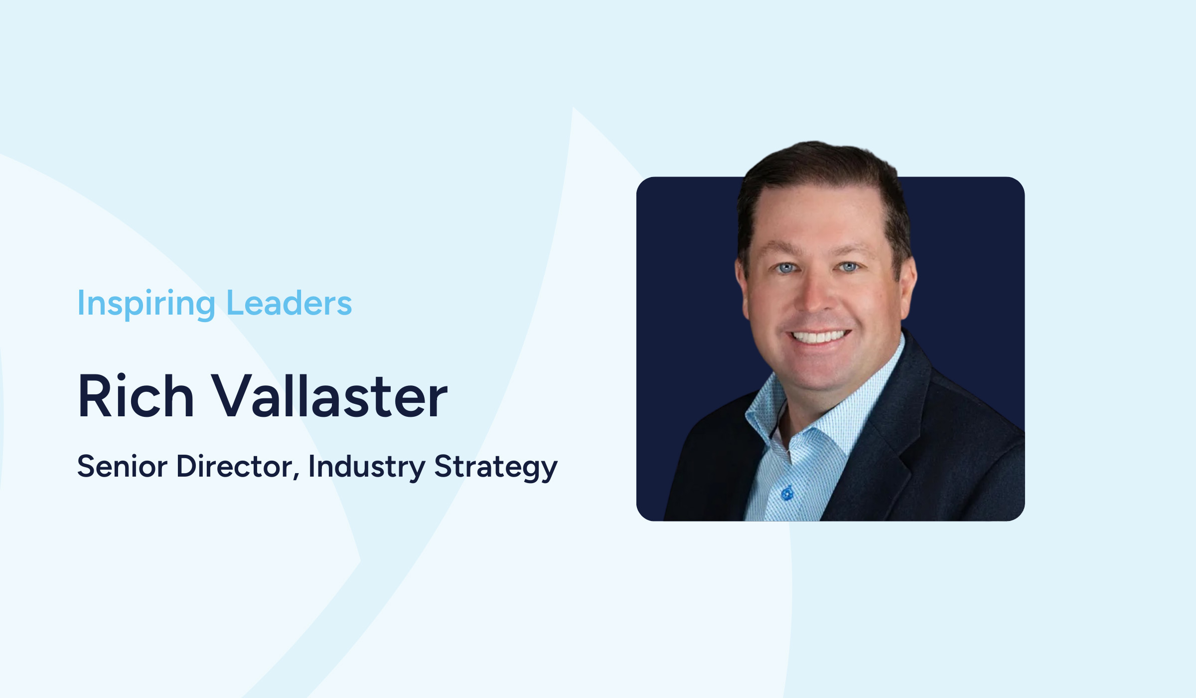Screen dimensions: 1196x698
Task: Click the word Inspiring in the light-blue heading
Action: (146, 304)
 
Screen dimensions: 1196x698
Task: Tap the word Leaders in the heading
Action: (289, 303)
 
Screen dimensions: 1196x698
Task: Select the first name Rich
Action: (136, 396)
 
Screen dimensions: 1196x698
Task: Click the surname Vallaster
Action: (330, 396)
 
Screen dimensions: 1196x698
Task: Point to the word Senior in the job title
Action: (122, 467)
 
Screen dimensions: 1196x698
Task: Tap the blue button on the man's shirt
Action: (787, 494)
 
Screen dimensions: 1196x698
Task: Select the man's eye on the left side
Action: (786, 268)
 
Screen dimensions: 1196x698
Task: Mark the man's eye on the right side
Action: (848, 267)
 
